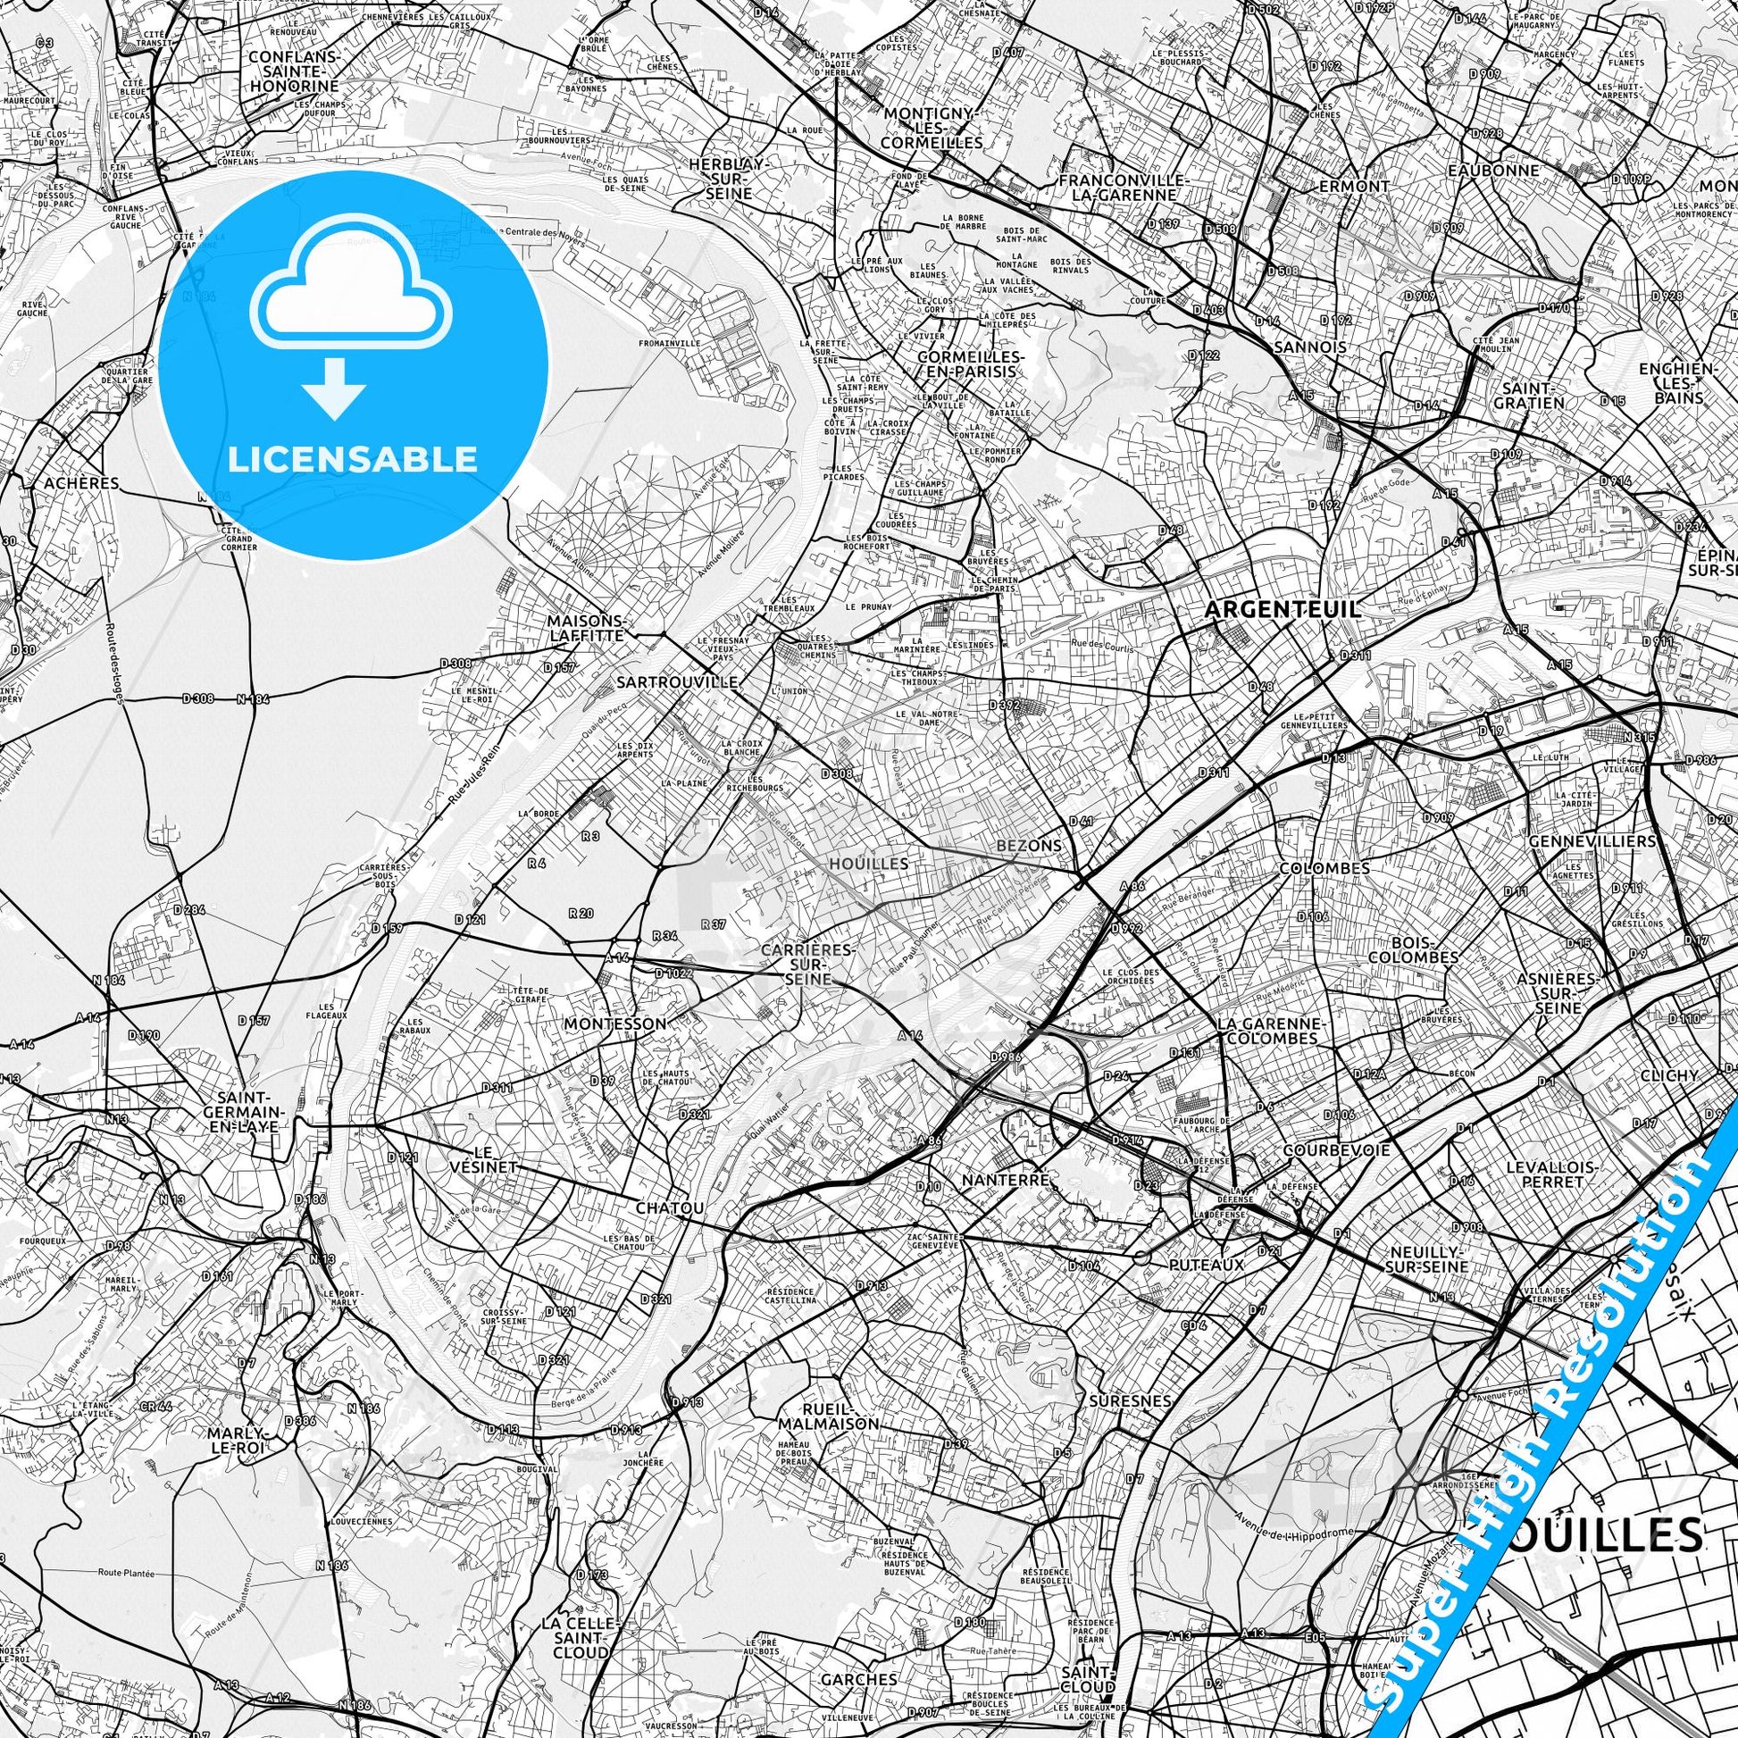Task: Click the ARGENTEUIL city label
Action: pyautogui.click(x=1282, y=609)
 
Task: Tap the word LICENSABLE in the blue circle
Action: pyautogui.click(x=353, y=459)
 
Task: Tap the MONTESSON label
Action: pyautogui.click(x=615, y=1023)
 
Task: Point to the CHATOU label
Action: pyautogui.click(x=668, y=1207)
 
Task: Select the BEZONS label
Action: pyautogui.click(x=1029, y=846)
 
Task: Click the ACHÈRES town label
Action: pyautogui.click(x=81, y=483)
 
